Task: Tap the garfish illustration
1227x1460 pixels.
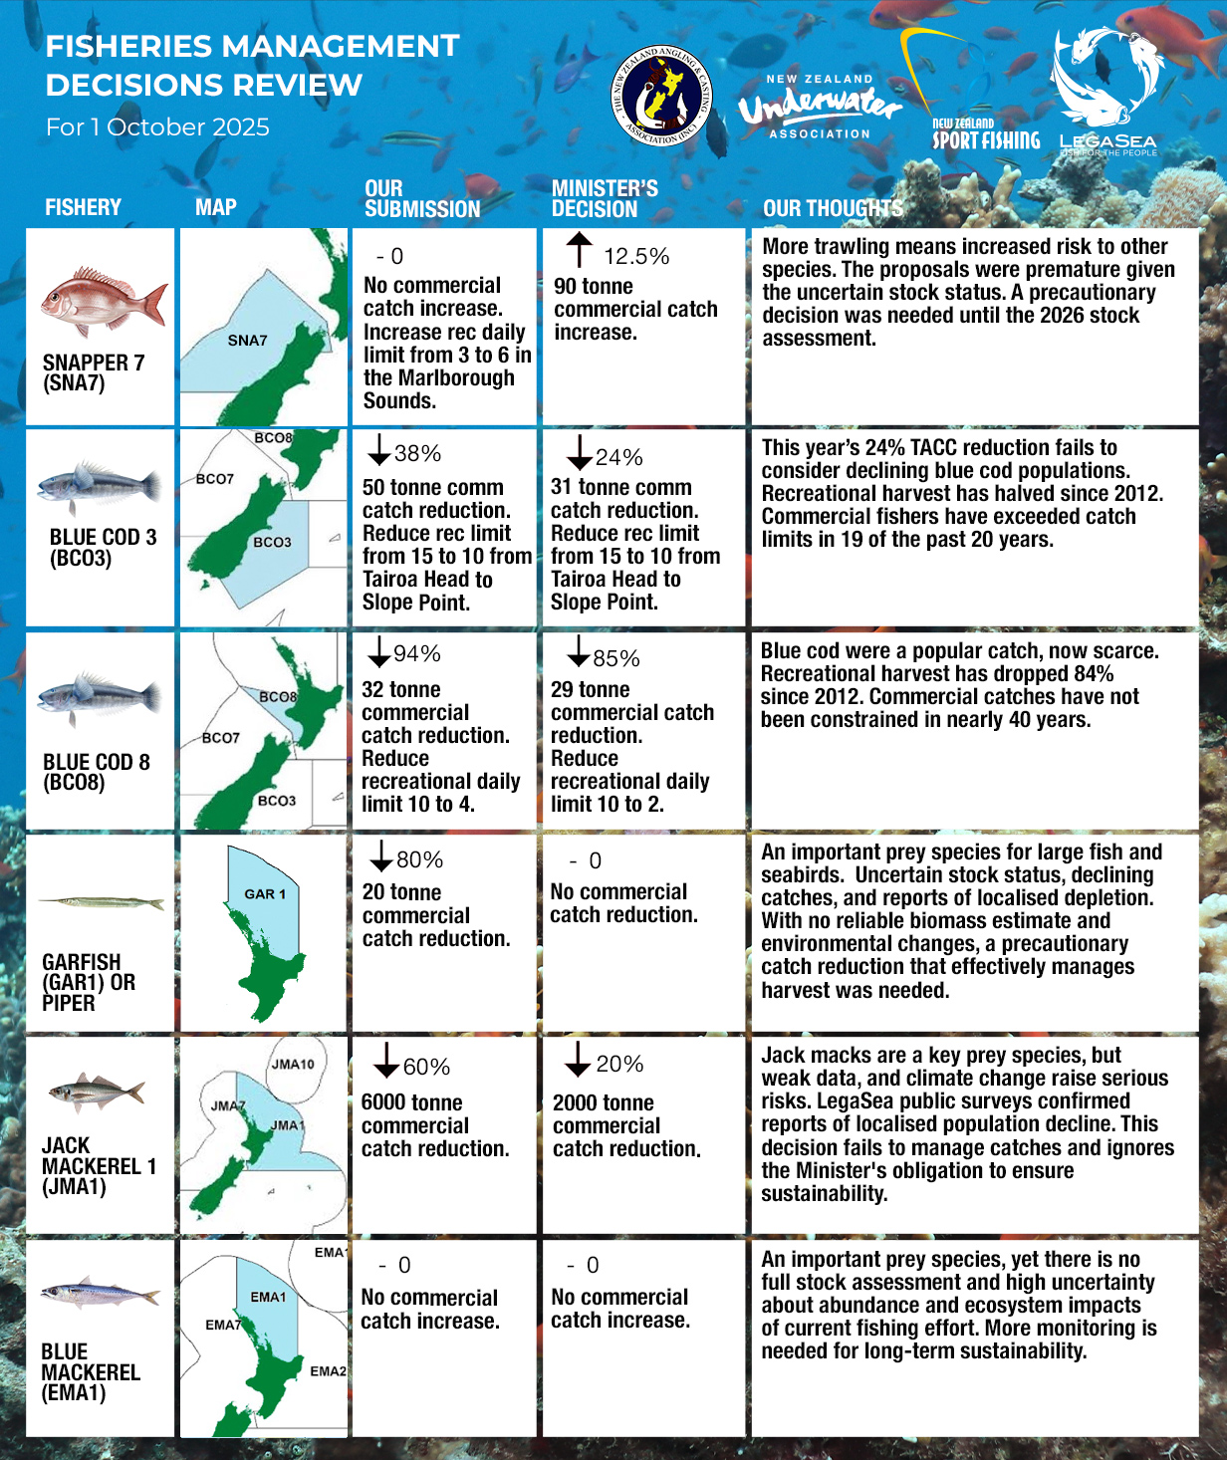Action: pyautogui.click(x=101, y=903)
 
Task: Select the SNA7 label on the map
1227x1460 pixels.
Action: pyautogui.click(x=247, y=341)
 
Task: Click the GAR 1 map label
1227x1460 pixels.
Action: pyautogui.click(x=265, y=894)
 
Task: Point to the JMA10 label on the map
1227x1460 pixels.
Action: pyautogui.click(x=293, y=1064)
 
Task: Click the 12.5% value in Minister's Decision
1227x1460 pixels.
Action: pyautogui.click(x=635, y=257)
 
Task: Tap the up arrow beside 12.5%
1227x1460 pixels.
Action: pyautogui.click(x=579, y=250)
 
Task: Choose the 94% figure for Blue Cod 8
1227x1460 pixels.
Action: pyautogui.click(x=416, y=654)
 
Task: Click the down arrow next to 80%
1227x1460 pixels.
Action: pyautogui.click(x=380, y=855)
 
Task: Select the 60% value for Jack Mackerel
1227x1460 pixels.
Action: pyautogui.click(x=426, y=1068)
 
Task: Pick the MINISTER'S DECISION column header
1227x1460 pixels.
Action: pyautogui.click(x=605, y=199)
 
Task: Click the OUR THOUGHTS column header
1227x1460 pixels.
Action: pyautogui.click(x=833, y=209)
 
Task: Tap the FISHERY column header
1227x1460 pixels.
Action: pyautogui.click(x=83, y=208)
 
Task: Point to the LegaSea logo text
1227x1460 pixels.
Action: pyautogui.click(x=1107, y=142)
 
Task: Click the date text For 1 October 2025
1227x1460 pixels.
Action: pyautogui.click(x=157, y=127)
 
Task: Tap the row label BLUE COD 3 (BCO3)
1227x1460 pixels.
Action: pyautogui.click(x=103, y=547)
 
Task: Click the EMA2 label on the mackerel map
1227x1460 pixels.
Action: pyautogui.click(x=328, y=1371)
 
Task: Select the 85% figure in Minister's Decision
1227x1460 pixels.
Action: pyautogui.click(x=615, y=659)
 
